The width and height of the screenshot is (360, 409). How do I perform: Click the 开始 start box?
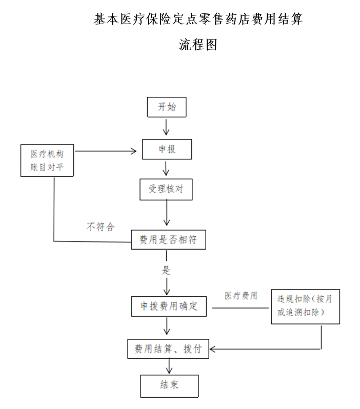165,108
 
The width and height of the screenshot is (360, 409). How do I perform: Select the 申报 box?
165,150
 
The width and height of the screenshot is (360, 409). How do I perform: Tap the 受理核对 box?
166,189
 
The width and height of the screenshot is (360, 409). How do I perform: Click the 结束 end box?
168,385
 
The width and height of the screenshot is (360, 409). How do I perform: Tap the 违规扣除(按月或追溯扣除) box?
305,305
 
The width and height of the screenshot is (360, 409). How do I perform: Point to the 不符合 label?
99,227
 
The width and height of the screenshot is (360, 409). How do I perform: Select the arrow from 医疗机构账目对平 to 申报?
108,151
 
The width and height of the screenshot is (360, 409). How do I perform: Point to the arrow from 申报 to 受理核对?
166,169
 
